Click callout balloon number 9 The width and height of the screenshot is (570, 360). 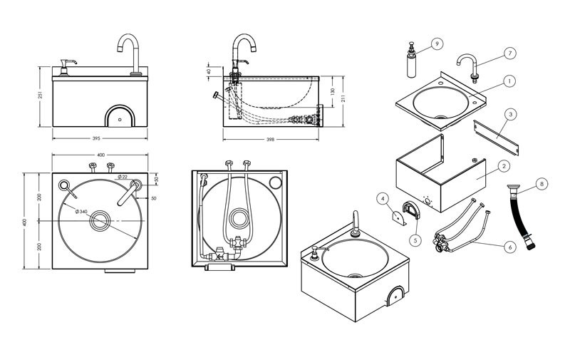coord(437,43)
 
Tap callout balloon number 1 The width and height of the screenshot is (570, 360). coord(509,81)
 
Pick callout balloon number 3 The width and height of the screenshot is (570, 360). coord(512,114)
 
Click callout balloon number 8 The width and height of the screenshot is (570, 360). coord(541,184)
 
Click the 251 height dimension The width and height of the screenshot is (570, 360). coord(41,96)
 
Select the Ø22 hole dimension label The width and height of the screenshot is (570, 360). coord(123,177)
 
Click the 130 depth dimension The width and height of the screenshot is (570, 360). coord(333,91)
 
